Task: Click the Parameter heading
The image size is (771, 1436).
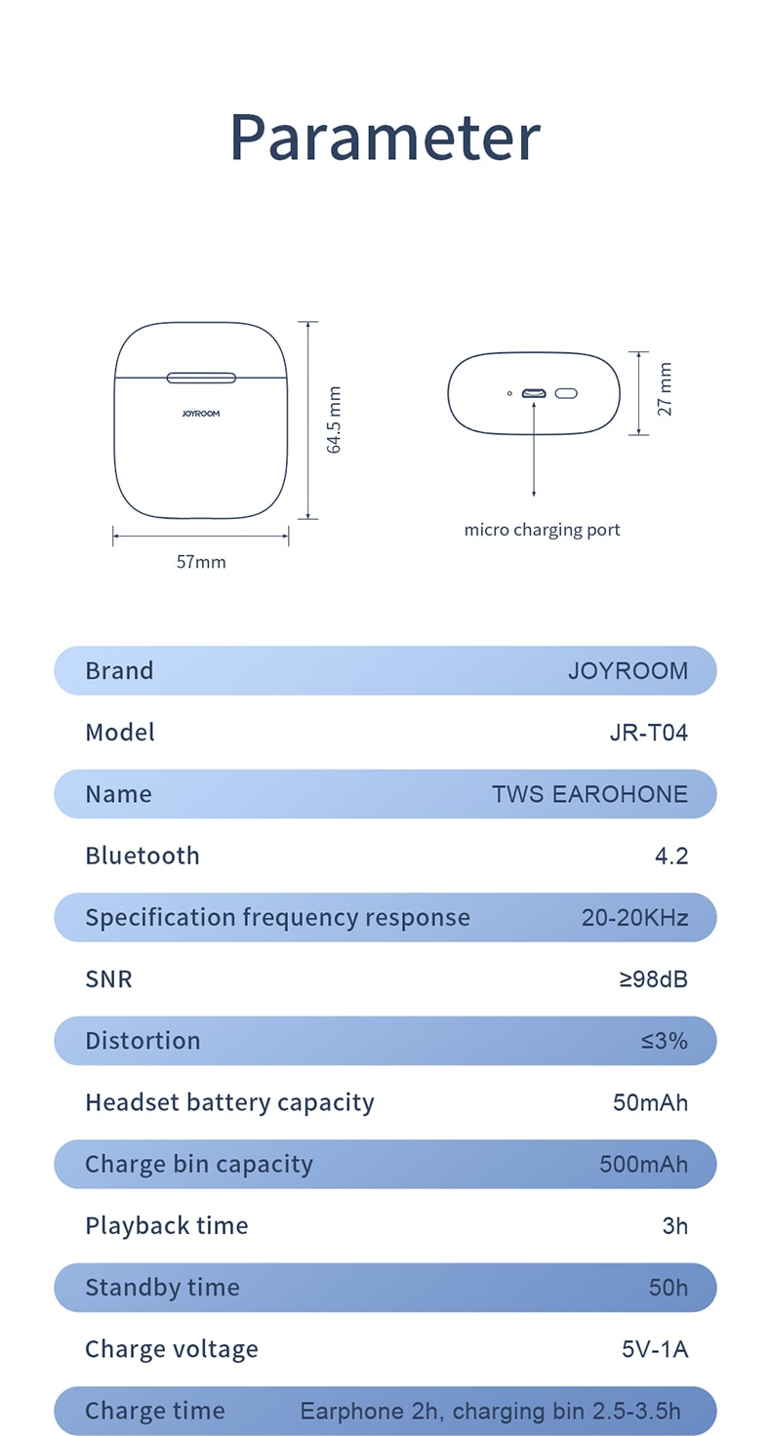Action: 385,138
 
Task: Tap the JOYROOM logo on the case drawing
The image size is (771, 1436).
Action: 201,414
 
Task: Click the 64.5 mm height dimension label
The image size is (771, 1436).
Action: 334,419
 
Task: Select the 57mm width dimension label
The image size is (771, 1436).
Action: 201,562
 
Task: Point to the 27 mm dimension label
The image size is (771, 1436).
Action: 665,389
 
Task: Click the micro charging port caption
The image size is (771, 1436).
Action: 542,530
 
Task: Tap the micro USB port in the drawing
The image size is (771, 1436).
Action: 534,393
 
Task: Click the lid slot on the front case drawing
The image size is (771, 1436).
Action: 201,378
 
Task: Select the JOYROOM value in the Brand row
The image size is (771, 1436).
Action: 628,670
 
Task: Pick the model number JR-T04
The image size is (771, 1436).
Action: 648,732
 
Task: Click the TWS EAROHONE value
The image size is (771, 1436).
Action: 589,794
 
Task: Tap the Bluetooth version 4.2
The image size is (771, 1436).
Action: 670,856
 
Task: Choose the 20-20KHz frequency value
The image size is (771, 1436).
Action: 635,917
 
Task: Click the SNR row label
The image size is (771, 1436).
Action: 108,978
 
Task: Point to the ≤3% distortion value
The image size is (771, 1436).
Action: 664,1041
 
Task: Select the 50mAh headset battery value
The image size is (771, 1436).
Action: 650,1102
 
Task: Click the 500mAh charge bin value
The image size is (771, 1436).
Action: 643,1164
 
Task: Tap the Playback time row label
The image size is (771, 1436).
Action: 167,1225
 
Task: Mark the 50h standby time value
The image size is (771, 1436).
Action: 668,1288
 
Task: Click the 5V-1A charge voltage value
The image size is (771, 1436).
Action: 655,1349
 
